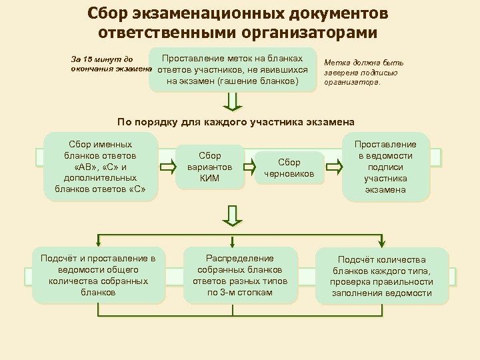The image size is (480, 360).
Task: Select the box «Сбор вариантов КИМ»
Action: tap(210, 167)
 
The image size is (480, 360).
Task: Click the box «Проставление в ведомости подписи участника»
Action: tap(385, 167)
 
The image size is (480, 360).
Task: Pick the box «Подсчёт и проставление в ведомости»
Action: tap(98, 275)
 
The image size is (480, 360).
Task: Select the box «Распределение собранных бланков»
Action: tap(240, 275)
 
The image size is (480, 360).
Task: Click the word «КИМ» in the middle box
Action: tap(210, 178)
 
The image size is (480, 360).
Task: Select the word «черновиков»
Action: tap(289, 174)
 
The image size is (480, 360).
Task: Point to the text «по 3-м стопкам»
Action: tap(240, 292)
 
